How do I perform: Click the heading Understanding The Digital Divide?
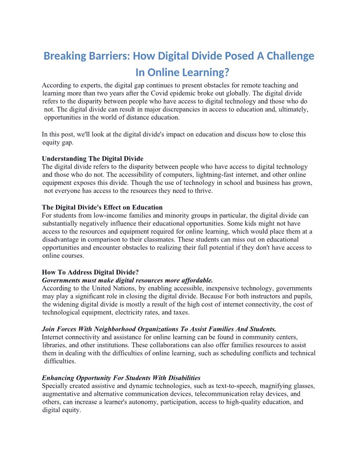tap(93, 158)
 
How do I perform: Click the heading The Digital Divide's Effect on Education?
tap(102, 207)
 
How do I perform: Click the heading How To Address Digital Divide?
tap(90, 272)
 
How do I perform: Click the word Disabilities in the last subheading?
tap(184, 378)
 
